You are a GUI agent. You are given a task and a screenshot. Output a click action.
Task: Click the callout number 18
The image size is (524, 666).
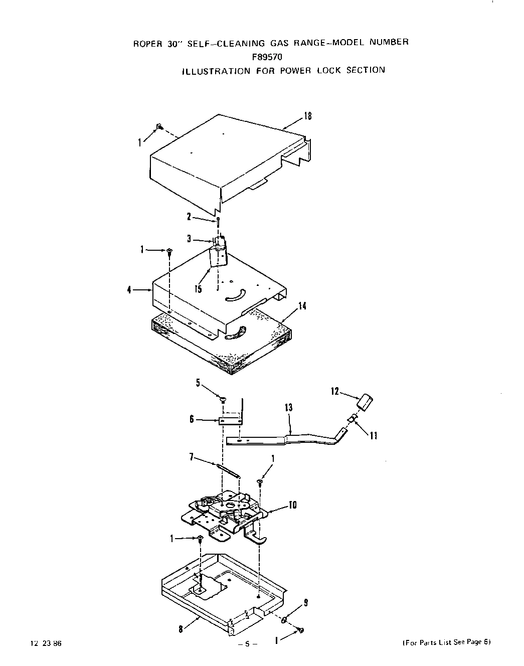(308, 116)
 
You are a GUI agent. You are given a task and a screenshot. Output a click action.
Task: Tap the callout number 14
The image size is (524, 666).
(302, 306)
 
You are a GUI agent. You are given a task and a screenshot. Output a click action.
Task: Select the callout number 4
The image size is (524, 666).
(130, 289)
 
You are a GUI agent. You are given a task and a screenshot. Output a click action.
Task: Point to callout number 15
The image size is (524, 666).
(199, 289)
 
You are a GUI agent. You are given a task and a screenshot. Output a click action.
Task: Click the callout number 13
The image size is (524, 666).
(288, 408)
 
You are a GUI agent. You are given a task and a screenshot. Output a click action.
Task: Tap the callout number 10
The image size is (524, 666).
(293, 505)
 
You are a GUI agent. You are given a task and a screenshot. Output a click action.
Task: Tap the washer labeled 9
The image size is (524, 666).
(284, 620)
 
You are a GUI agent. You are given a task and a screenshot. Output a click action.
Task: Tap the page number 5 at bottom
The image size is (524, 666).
(247, 644)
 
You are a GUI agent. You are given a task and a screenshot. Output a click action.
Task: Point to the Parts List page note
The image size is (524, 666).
(446, 642)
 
